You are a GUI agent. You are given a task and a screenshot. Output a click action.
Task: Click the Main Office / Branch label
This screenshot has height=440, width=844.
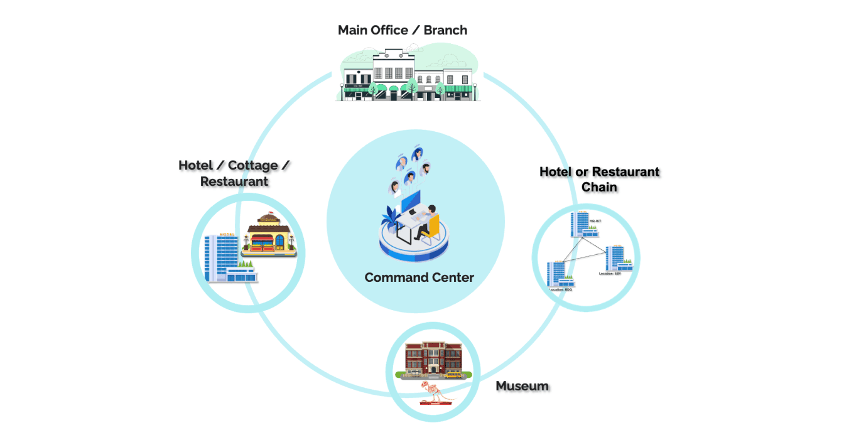tap(402, 30)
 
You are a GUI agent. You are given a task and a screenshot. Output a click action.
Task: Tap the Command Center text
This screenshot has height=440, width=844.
tap(419, 277)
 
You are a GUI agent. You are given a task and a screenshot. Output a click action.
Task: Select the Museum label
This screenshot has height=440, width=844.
tap(522, 386)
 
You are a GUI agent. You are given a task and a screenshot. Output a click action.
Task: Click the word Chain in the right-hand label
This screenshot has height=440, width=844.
tap(599, 187)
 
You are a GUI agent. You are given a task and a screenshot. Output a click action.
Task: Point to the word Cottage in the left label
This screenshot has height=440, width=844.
tap(252, 166)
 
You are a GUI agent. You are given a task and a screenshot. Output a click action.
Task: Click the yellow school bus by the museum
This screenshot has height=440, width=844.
tap(453, 375)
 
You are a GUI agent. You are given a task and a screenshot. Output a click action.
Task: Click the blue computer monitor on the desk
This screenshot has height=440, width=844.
tap(411, 201)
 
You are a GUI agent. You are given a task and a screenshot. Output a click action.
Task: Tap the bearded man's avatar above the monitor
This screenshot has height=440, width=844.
tap(426, 169)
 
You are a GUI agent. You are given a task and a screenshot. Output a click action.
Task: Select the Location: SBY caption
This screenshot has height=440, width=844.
tap(610, 274)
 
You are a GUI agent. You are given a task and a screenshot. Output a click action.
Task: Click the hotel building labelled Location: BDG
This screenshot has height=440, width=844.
tap(557, 274)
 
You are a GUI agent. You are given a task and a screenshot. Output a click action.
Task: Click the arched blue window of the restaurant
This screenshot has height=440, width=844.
tap(267, 228)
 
